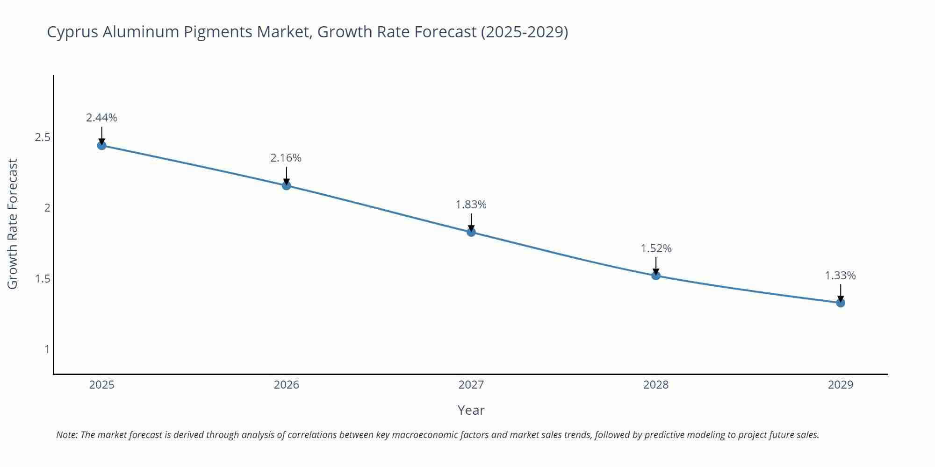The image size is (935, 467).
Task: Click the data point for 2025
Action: click(102, 145)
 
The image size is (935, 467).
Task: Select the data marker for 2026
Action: click(287, 185)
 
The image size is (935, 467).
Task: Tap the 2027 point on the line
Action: click(471, 232)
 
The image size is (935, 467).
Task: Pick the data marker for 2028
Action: click(656, 276)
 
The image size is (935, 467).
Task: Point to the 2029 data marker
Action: click(841, 303)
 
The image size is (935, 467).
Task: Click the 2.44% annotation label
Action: click(101, 118)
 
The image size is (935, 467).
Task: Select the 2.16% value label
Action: click(286, 158)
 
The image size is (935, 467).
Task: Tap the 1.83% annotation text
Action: click(471, 205)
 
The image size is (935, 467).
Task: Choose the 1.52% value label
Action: click(656, 248)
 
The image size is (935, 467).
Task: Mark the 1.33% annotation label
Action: click(840, 276)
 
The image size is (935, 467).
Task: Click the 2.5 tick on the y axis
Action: click(43, 138)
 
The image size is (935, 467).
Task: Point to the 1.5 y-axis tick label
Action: click(43, 279)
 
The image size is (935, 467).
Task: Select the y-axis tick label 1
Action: click(47, 349)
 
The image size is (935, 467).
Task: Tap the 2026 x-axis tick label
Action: click(287, 385)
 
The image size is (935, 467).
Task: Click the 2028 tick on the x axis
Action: click(656, 385)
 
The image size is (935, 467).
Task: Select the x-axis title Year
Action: click(471, 410)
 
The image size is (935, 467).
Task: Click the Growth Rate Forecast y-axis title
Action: click(13, 224)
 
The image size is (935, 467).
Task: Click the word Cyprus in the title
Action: click(72, 32)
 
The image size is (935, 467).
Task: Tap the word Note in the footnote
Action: click(66, 435)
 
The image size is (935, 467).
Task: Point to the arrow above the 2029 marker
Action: click(841, 292)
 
